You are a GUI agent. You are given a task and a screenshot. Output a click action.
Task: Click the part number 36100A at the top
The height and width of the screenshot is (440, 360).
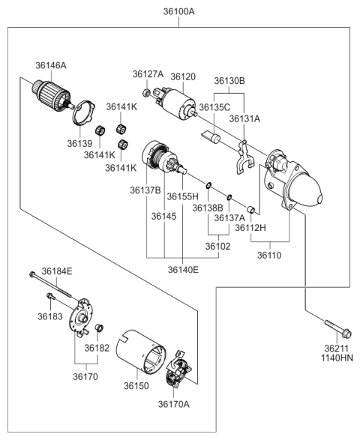pyautogui.click(x=179, y=12)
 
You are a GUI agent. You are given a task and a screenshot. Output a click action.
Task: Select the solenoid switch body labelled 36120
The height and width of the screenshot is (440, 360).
pyautogui.click(x=175, y=103)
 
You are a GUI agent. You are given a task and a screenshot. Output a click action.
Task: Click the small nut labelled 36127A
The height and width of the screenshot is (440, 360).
pyautogui.click(x=146, y=92)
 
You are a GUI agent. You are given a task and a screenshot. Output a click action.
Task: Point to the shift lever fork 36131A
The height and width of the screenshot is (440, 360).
pyautogui.click(x=243, y=157)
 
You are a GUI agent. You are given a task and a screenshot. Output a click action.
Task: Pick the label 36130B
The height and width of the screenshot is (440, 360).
pyautogui.click(x=229, y=81)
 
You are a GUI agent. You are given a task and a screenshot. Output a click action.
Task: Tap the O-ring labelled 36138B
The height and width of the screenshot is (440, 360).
pyautogui.click(x=208, y=185)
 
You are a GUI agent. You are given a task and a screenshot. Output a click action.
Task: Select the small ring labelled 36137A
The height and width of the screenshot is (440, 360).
pyautogui.click(x=229, y=197)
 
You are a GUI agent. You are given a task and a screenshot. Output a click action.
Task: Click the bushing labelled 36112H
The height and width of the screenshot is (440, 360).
pyautogui.click(x=250, y=210)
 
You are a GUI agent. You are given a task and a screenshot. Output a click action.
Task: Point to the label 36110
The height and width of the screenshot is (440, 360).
pyautogui.click(x=269, y=256)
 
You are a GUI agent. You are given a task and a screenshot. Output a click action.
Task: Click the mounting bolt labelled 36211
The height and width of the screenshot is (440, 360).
pyautogui.click(x=337, y=328)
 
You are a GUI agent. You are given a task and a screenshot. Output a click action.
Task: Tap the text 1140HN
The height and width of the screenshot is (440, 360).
pyautogui.click(x=337, y=358)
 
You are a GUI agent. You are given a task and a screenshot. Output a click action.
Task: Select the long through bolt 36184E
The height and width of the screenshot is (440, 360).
pyautogui.click(x=50, y=286)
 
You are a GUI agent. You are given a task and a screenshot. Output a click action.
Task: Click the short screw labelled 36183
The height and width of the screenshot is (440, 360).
pyautogui.click(x=51, y=295)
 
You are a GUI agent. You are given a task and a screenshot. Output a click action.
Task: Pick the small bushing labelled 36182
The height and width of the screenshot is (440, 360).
pyautogui.click(x=100, y=328)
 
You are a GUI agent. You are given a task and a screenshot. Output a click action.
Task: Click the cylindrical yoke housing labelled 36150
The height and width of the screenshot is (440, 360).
pyautogui.click(x=141, y=352)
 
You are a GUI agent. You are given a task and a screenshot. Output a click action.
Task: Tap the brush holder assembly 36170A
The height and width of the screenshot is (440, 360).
pyautogui.click(x=178, y=368)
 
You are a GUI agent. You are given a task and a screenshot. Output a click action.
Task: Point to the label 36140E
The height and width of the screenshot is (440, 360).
pyautogui.click(x=183, y=270)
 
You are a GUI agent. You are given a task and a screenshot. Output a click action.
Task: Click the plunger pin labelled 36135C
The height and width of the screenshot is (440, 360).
pyautogui.click(x=211, y=136)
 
